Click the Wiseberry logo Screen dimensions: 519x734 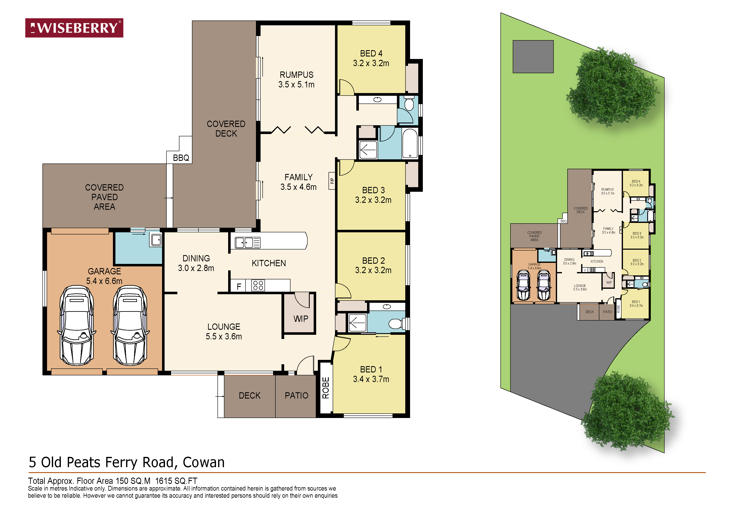click(x=74, y=28)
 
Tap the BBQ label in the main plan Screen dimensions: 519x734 click(x=181, y=158)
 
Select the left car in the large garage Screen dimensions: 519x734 click(x=77, y=325)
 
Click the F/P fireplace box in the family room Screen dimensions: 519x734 click(x=332, y=181)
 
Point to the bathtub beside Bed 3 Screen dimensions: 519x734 click(x=410, y=143)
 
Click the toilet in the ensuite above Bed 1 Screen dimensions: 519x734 click(x=396, y=324)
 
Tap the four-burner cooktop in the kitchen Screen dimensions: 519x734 click(x=258, y=285)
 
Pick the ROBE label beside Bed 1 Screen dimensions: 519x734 click(x=325, y=388)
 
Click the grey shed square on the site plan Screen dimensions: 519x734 click(x=533, y=57)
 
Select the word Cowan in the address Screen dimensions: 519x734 click(x=204, y=462)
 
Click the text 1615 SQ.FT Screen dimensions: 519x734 click(x=176, y=481)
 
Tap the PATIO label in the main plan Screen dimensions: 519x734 click(x=296, y=396)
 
